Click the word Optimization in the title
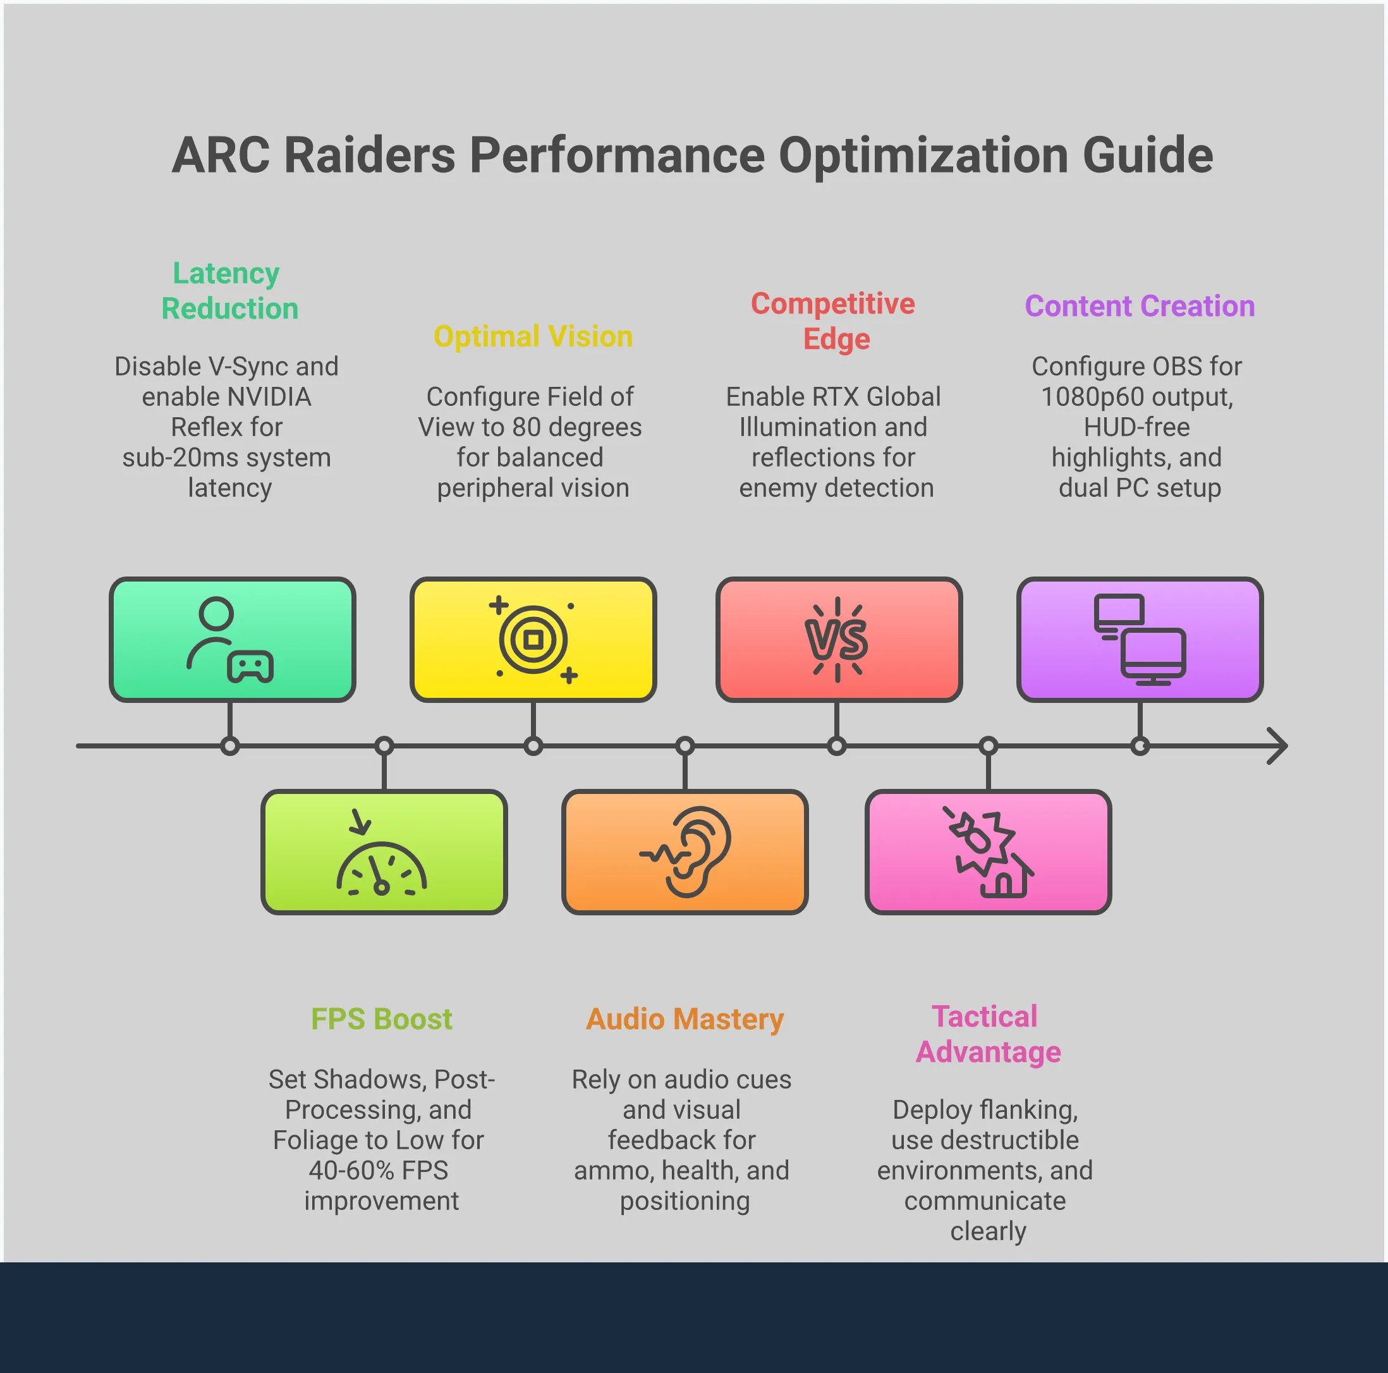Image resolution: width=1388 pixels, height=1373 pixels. pos(924,156)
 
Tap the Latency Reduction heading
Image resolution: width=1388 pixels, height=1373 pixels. pos(228,291)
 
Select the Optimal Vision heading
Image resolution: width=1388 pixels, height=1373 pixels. pos(533,336)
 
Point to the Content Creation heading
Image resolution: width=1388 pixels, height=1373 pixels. pos(1140,306)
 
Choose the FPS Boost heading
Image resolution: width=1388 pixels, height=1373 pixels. pos(382,1019)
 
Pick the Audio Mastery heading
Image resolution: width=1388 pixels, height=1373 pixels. pos(685,1019)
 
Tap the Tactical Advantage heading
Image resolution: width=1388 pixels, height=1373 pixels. pos(987,1035)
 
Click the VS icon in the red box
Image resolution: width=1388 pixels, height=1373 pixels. pos(837,640)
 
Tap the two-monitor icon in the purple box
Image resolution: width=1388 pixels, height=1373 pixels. pos(1140,640)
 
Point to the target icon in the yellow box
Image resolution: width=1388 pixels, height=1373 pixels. pos(533,640)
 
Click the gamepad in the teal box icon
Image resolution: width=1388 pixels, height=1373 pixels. pos(250,668)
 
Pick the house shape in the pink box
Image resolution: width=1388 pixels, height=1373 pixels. pos(1004,880)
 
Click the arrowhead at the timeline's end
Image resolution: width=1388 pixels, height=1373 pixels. pos(1277,746)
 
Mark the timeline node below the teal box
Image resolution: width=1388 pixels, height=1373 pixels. pos(230,746)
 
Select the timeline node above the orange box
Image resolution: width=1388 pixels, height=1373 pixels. pos(685,746)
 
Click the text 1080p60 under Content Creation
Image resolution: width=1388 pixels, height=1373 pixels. pos(1092,396)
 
